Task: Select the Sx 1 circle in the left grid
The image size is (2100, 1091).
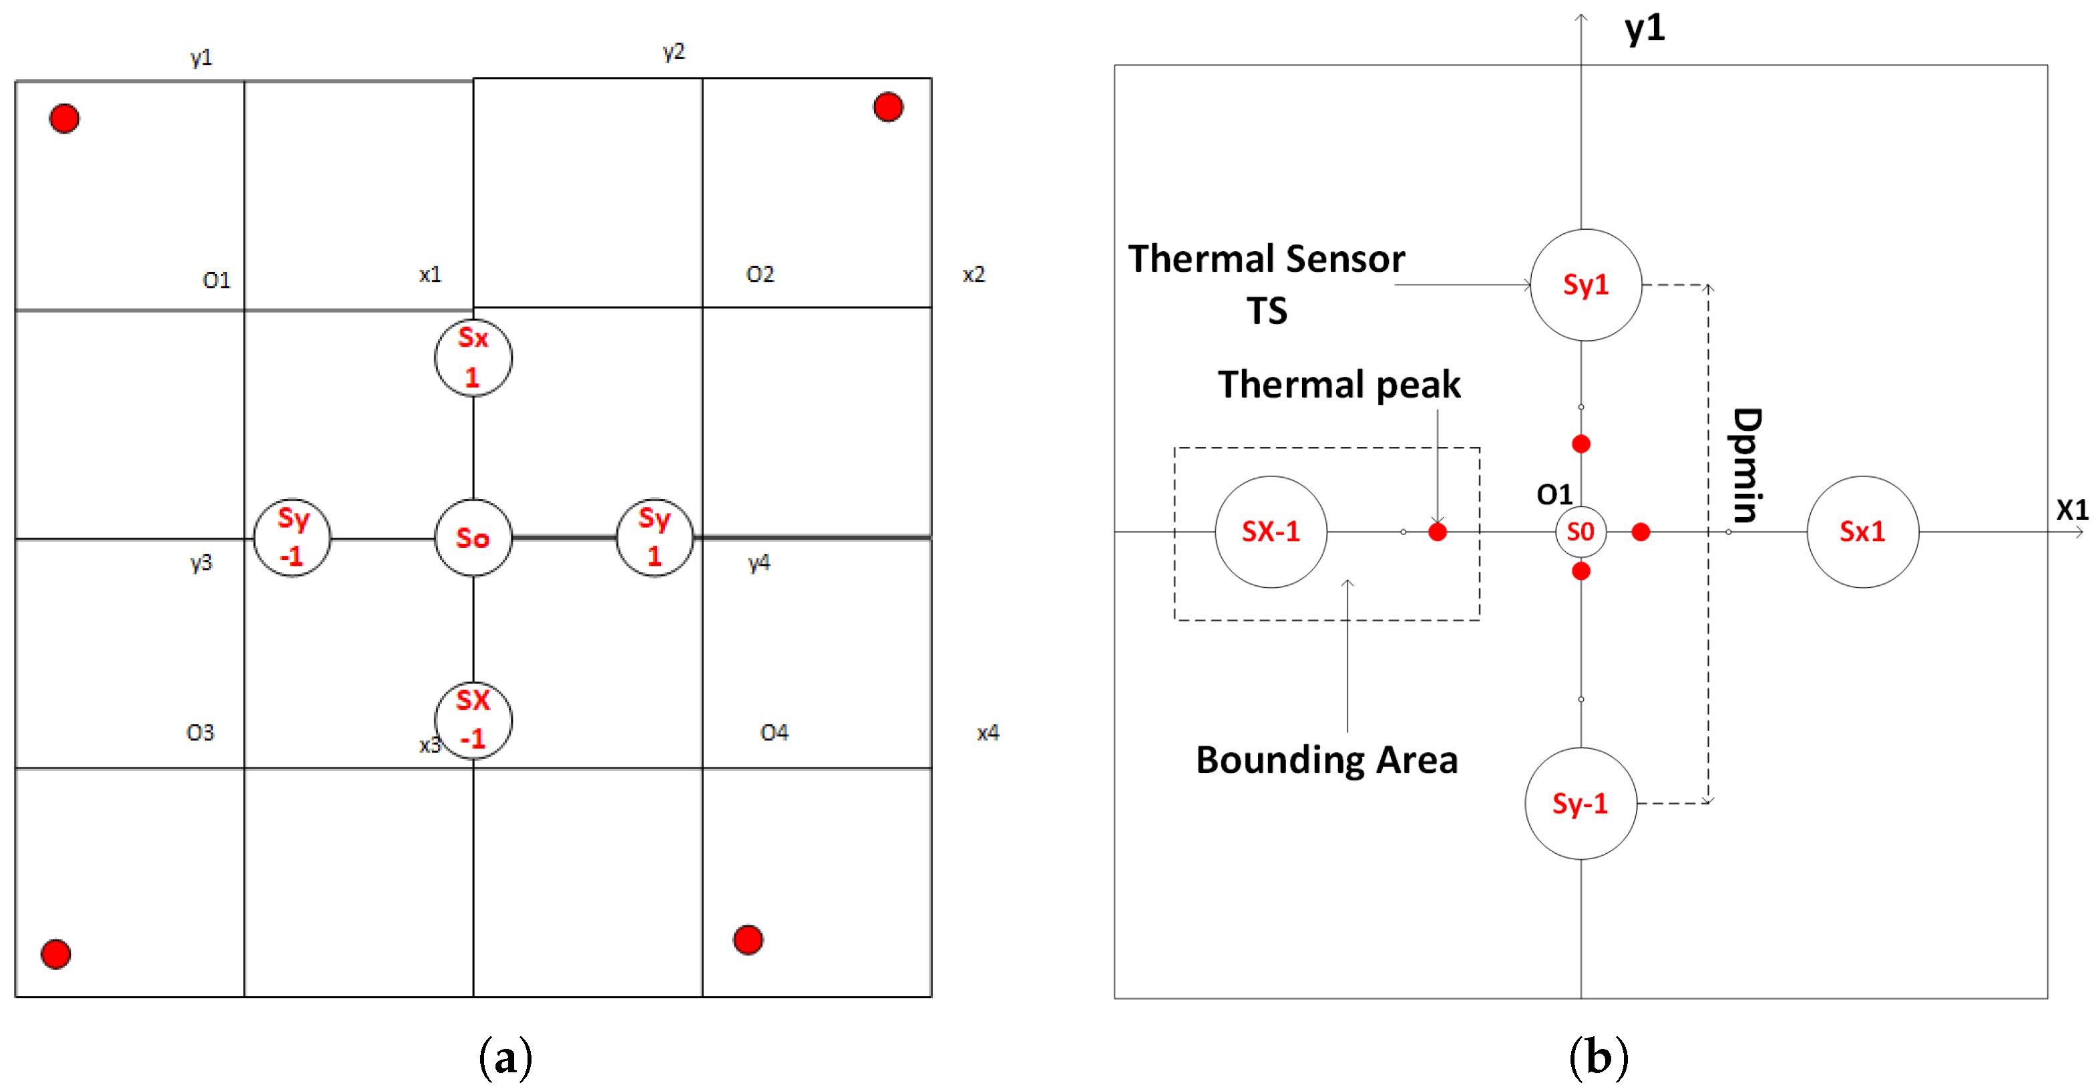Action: pyautogui.click(x=473, y=357)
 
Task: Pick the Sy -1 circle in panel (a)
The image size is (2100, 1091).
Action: pyautogui.click(x=292, y=537)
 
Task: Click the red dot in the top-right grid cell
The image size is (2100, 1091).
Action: pyautogui.click(x=888, y=107)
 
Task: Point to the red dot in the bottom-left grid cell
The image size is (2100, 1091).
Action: pyautogui.click(x=55, y=953)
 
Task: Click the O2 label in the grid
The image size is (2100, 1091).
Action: pyautogui.click(x=760, y=274)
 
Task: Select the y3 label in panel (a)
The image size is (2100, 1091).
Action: pyautogui.click(x=200, y=562)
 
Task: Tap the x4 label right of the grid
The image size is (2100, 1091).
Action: pyautogui.click(x=987, y=732)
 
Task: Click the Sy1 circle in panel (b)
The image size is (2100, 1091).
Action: pyautogui.click(x=1586, y=285)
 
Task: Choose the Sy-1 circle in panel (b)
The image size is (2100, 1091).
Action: pyautogui.click(x=1580, y=803)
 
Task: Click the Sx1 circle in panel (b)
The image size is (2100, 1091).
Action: pyautogui.click(x=1862, y=532)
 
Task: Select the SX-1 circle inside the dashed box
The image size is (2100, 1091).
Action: pyautogui.click(x=1270, y=532)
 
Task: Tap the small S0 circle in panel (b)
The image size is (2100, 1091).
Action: pyautogui.click(x=1580, y=532)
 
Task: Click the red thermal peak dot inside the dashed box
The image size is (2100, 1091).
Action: pyautogui.click(x=1437, y=532)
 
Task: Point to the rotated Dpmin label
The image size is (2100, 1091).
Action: pyautogui.click(x=1746, y=465)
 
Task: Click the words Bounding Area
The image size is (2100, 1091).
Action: pyautogui.click(x=1326, y=760)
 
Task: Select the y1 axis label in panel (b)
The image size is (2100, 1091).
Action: pyautogui.click(x=1645, y=29)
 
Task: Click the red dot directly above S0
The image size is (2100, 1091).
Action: pyautogui.click(x=1581, y=444)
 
